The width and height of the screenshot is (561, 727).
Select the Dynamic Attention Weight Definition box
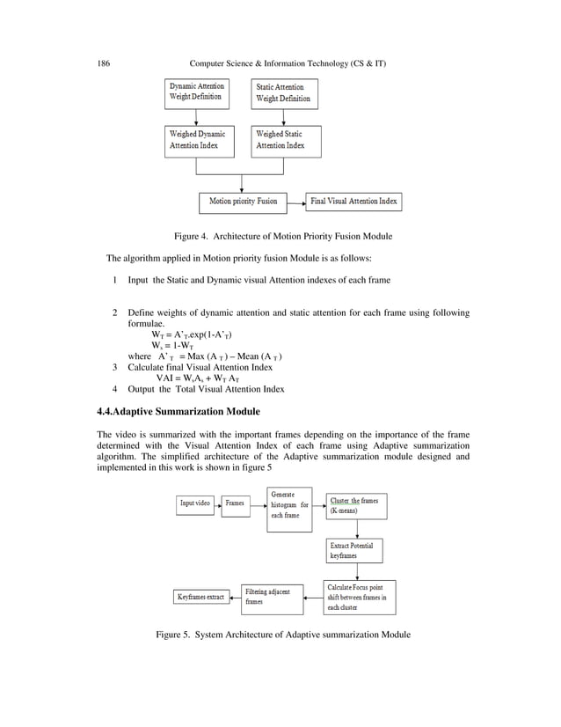tap(197, 92)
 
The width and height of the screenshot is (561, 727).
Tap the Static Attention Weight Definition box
tap(284, 93)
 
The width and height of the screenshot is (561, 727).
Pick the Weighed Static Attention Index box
tap(286, 140)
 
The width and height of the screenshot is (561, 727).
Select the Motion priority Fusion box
tap(243, 202)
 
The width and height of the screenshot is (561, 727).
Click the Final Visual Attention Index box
tap(353, 202)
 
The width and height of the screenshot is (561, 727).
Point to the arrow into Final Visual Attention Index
tap(295, 202)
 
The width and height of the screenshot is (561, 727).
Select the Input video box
tap(194, 503)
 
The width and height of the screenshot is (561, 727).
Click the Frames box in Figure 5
tap(235, 503)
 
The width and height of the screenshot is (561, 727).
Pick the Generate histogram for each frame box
tap(289, 510)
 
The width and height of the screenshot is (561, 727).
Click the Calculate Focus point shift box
tap(360, 596)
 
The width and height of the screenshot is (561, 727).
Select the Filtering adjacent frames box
tap(272, 597)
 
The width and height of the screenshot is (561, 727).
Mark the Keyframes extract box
tap(200, 597)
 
